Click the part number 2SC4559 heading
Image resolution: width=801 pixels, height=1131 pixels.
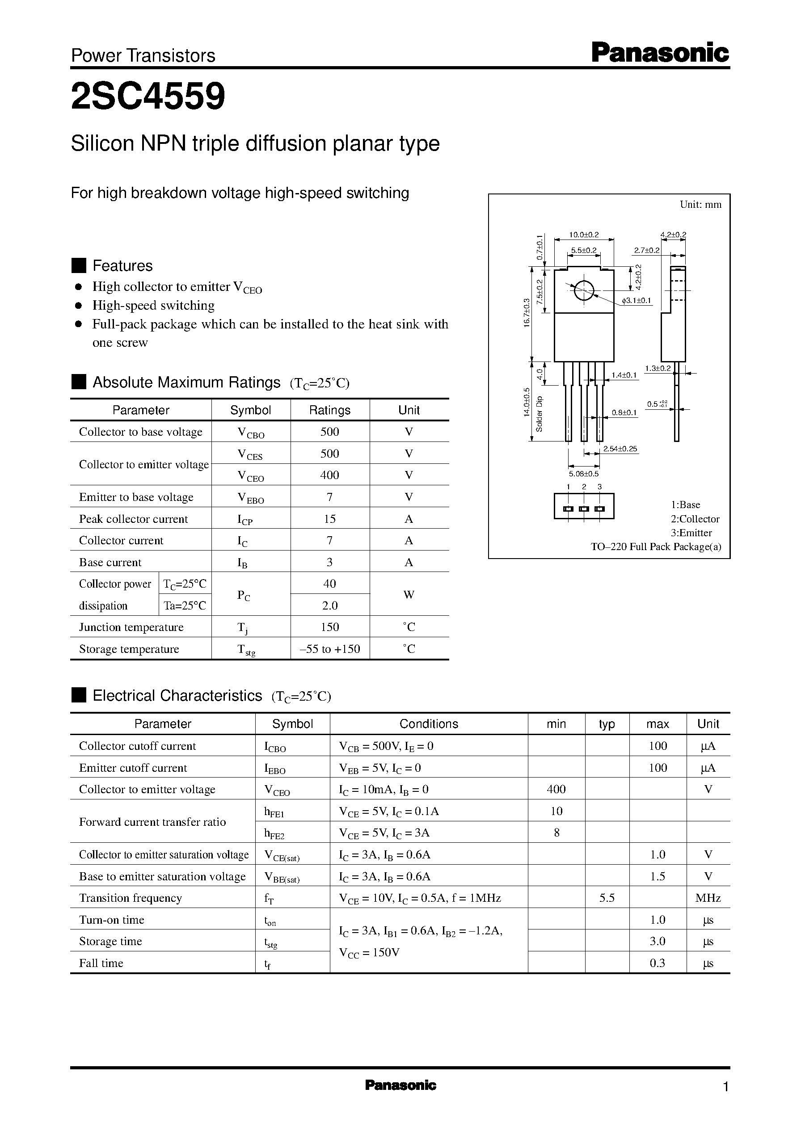click(148, 96)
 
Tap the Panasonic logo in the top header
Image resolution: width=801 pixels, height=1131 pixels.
click(660, 53)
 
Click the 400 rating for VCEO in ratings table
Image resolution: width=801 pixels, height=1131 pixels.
click(329, 475)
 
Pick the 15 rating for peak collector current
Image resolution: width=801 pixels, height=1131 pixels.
click(329, 519)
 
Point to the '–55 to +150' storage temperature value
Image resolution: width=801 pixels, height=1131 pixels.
click(329, 649)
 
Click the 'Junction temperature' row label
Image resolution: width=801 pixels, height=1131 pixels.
click(131, 627)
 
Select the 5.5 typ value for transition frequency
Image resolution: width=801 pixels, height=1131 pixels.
click(607, 898)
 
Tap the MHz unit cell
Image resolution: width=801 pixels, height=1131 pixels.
click(708, 898)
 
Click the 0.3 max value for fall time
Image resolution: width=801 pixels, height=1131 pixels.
click(658, 963)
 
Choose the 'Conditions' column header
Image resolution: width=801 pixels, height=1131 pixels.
click(429, 724)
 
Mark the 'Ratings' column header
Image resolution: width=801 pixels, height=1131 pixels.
click(329, 410)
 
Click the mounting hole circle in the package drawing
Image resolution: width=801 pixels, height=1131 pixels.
click(583, 290)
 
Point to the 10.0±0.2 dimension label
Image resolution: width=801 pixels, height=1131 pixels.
click(584, 235)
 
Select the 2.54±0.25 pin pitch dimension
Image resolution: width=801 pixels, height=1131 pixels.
click(620, 449)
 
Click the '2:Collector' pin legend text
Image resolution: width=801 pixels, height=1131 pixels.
click(695, 519)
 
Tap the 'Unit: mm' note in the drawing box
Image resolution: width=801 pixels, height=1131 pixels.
click(700, 205)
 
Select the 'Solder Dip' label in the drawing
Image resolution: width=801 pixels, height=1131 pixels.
click(539, 414)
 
